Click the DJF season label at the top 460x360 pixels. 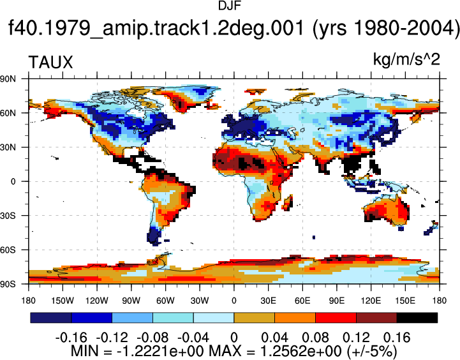coord(230,6)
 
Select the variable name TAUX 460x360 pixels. coord(50,63)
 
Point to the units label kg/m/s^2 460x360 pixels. coord(406,59)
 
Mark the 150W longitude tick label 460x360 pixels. coord(63,301)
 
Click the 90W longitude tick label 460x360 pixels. coord(131,301)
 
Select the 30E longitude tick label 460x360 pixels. coord(268,301)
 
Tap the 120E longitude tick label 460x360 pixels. coord(371,301)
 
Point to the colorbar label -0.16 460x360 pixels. coord(71,338)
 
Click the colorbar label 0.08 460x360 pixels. coord(315,338)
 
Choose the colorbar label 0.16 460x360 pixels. coord(397,338)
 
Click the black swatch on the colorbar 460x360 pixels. coord(417,318)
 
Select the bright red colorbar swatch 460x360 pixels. coord(336,318)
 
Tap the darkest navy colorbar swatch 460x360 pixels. coord(51,318)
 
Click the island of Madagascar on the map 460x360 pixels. coord(288,202)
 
